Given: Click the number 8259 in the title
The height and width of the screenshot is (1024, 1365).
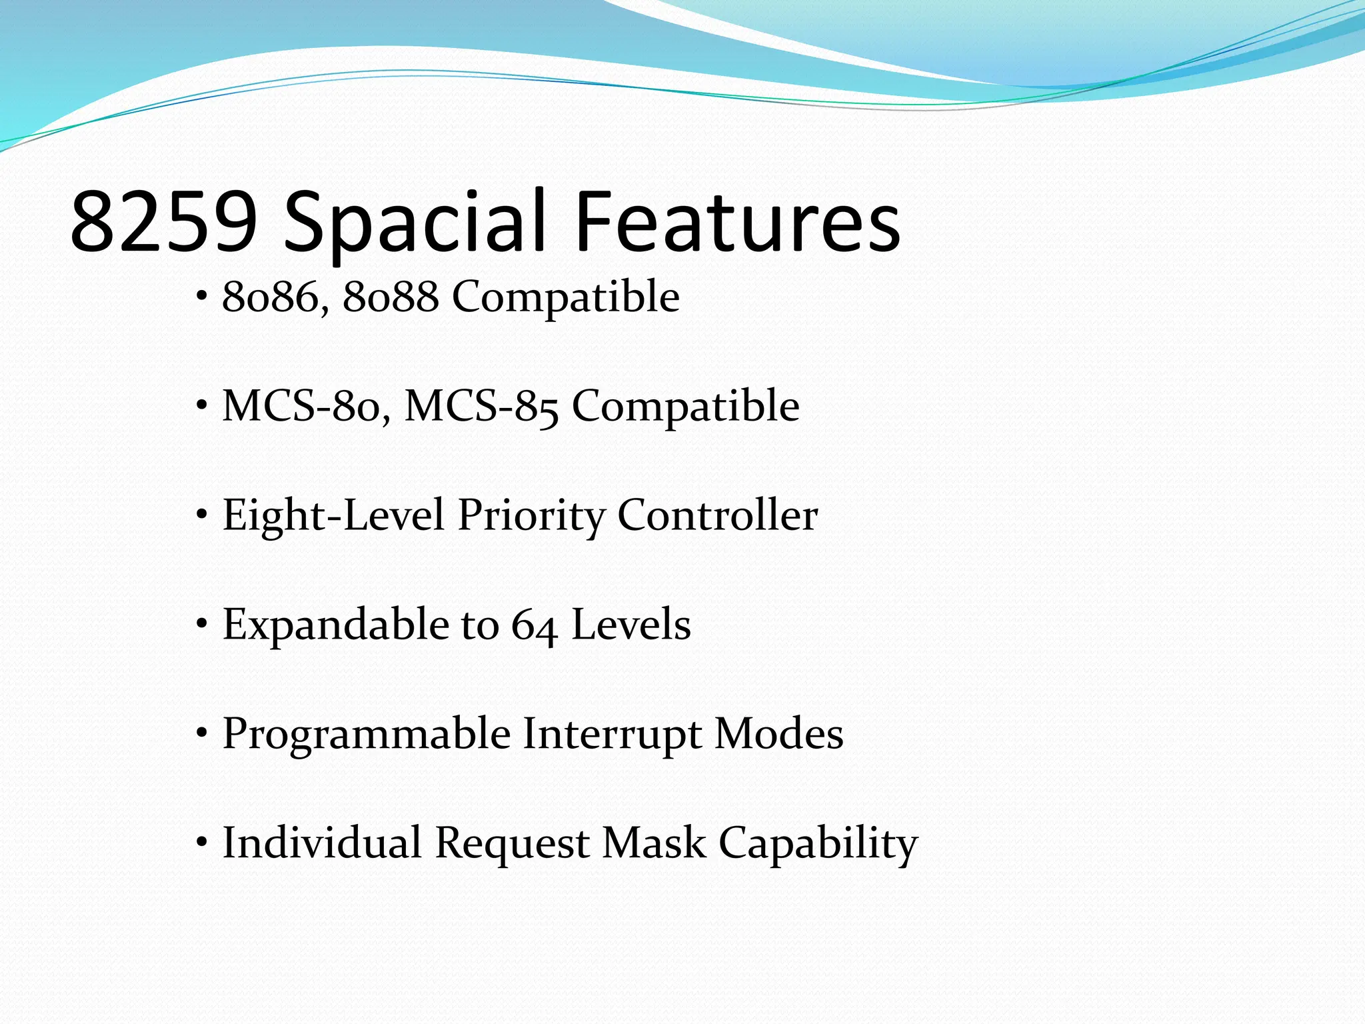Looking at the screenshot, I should pos(164,222).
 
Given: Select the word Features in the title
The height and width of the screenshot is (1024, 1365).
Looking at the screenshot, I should pos(737,222).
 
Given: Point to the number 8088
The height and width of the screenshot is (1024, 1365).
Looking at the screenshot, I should pos(391,297).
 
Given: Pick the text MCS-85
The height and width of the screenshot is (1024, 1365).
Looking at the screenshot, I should pos(481,407).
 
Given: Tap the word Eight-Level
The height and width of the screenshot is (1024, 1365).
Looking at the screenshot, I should pos(333,516).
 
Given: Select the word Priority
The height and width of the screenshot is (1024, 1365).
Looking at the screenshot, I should pos(531,516).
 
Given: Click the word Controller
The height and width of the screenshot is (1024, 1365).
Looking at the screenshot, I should pos(717,516).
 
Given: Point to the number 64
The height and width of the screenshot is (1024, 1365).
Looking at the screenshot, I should pos(534,625).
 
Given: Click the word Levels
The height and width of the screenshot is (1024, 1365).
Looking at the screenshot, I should pos(631,625).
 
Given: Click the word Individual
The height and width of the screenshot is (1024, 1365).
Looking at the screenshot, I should pos(322,843).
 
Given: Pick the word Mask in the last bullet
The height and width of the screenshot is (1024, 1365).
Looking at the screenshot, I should pos(654,843).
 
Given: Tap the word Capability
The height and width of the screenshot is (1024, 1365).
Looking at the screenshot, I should pos(818,843).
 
